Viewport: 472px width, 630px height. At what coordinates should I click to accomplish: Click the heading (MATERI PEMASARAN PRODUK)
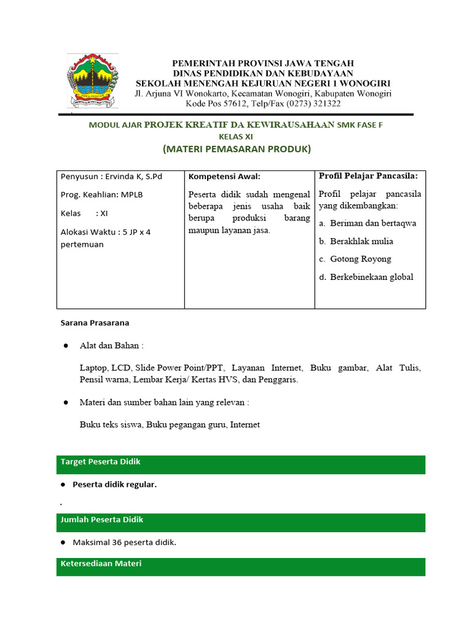click(237, 149)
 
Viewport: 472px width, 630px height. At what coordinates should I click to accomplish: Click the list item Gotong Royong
click(360, 259)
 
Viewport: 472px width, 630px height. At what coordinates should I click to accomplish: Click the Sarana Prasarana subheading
click(95, 322)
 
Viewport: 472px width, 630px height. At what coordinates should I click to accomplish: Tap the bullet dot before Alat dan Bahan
click(65, 346)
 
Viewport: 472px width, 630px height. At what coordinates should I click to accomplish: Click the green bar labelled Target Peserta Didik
click(240, 465)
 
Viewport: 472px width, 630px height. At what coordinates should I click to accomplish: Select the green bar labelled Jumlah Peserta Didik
click(240, 522)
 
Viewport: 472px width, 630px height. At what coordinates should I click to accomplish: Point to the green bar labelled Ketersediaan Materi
click(240, 566)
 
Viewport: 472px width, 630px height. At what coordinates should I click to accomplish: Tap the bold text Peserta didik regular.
click(115, 484)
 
